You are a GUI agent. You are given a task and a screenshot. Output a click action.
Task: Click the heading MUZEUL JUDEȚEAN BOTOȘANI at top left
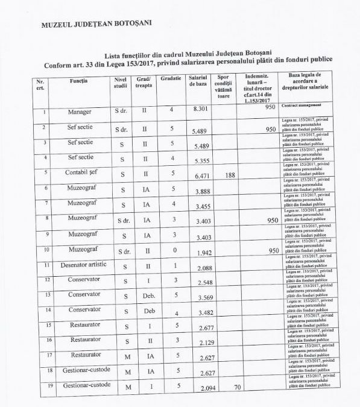[x=96, y=24]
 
